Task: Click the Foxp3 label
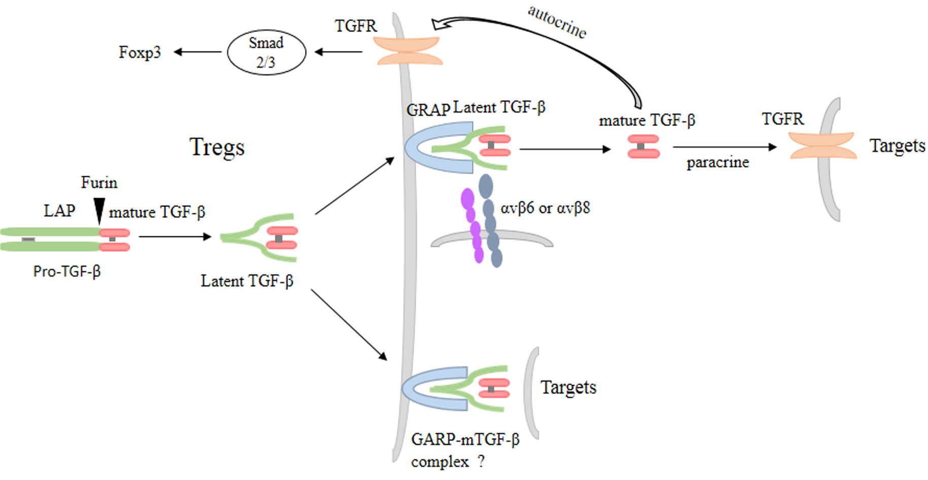click(x=140, y=52)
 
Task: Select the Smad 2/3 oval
click(x=267, y=52)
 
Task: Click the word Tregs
click(x=217, y=147)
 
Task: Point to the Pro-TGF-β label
click(x=67, y=271)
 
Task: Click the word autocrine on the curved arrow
click(x=557, y=22)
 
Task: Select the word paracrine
click(x=718, y=163)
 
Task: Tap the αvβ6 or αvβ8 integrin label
click(x=545, y=208)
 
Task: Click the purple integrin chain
click(x=473, y=226)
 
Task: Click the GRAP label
click(x=428, y=110)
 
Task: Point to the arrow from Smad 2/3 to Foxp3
click(x=197, y=52)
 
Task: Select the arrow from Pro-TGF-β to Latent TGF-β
click(x=175, y=236)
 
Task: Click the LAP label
click(x=59, y=210)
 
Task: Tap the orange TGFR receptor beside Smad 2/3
click(x=408, y=51)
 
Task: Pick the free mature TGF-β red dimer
click(x=644, y=147)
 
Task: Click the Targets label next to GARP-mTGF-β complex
click(x=569, y=388)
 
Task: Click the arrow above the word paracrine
click(x=725, y=147)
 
